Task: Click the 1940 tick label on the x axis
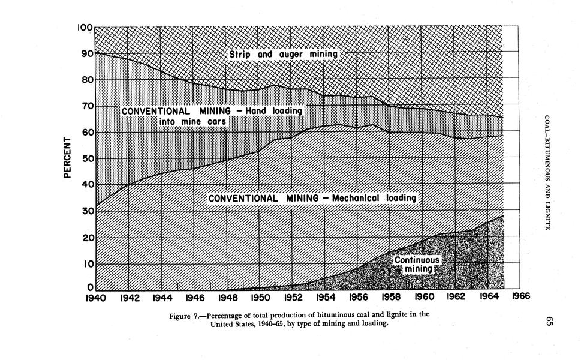(95, 297)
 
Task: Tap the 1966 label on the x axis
(521, 296)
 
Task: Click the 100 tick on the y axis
(85, 28)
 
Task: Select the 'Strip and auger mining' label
(284, 55)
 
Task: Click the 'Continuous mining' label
(417, 265)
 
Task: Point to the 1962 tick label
(456, 297)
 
